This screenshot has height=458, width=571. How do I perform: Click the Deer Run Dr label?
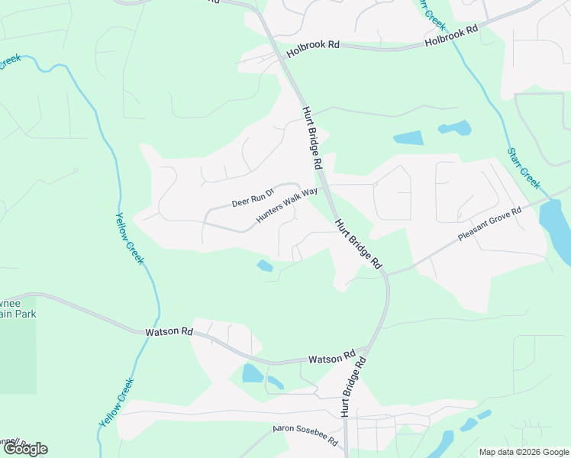tap(253, 198)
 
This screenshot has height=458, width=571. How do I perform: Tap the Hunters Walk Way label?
tap(286, 207)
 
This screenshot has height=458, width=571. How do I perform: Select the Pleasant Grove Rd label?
tap(489, 223)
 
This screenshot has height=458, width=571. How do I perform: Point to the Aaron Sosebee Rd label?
tap(306, 437)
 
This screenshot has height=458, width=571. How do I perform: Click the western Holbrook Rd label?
tap(313, 50)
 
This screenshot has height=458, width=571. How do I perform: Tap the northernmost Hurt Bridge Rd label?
tap(313, 138)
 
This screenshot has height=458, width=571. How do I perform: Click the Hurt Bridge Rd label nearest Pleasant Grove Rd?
tap(357, 243)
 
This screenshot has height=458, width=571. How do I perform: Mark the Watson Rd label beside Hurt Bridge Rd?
tap(332, 358)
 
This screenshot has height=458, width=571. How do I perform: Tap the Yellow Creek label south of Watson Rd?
tap(116, 402)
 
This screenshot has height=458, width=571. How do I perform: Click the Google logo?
tap(24, 449)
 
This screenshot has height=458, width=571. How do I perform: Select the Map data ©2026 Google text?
tap(524, 452)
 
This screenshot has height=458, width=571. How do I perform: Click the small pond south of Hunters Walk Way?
tap(264, 266)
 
